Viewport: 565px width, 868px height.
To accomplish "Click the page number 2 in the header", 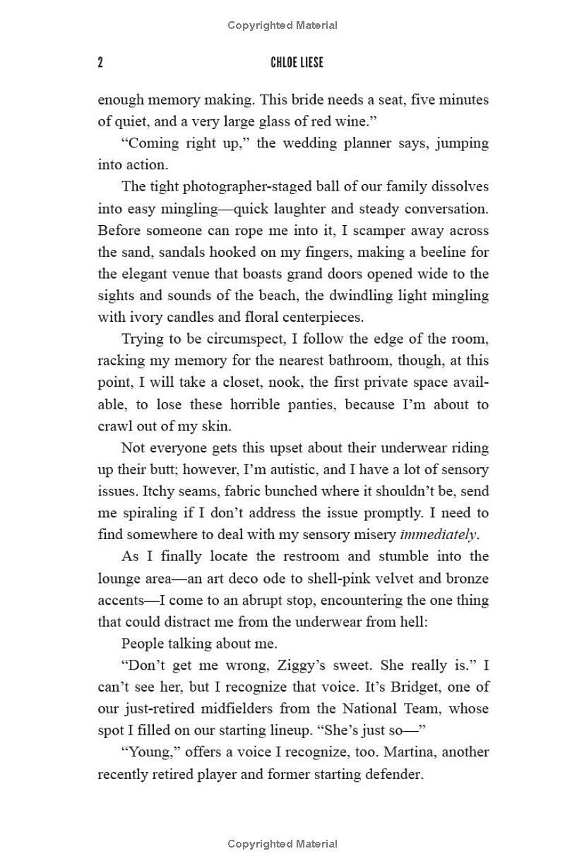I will click(x=100, y=63).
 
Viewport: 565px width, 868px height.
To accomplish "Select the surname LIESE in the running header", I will click(x=311, y=63).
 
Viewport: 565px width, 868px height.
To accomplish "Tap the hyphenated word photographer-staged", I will click(x=240, y=187).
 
